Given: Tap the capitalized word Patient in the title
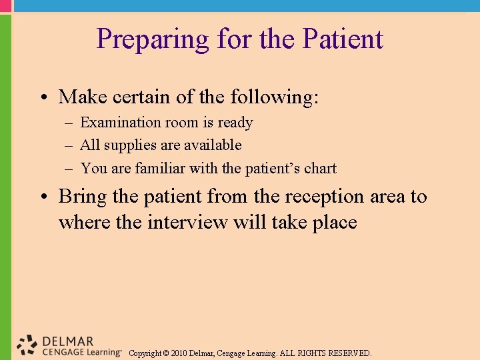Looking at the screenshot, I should coord(343,39).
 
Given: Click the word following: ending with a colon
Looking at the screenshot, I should coord(275,97).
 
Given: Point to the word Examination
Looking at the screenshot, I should coord(121,123).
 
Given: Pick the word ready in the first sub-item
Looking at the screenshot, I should coord(235,123).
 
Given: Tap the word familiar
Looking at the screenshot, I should coord(160,169).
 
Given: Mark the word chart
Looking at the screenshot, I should coord(321,169).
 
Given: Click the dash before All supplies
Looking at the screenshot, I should coord(69,145).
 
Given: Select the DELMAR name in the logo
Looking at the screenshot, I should coord(68,341).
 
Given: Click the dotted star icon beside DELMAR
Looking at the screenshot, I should coord(27,344).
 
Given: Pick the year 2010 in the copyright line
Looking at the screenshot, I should coord(179,353).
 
